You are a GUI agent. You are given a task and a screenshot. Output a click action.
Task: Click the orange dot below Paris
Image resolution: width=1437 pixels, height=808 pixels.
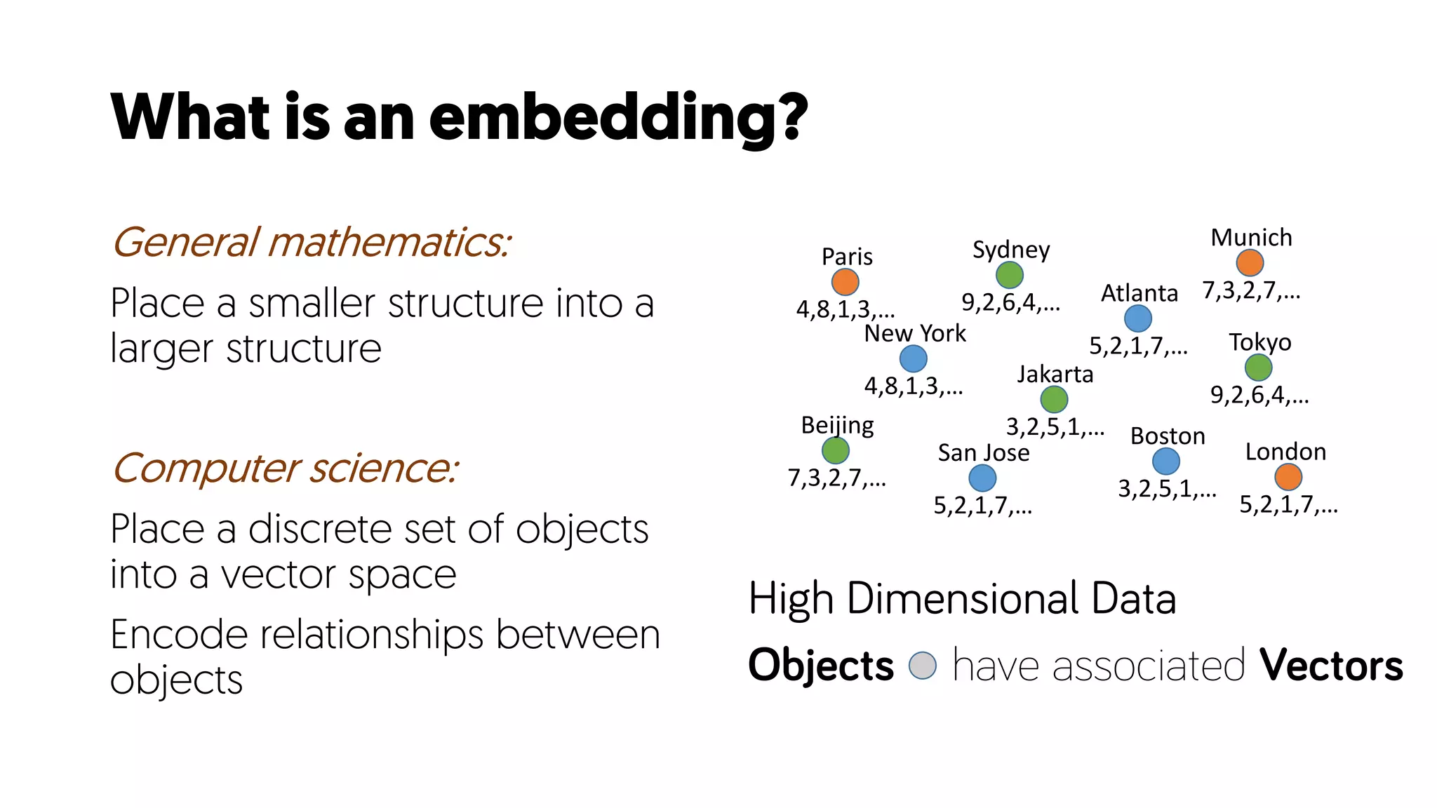click(x=845, y=282)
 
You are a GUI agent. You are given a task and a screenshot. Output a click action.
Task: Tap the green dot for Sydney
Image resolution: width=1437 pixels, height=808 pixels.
click(x=1009, y=275)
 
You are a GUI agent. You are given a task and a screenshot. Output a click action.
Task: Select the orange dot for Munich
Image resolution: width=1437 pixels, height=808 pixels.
click(x=1250, y=263)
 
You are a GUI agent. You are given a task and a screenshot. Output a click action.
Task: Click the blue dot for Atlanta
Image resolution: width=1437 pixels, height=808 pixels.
click(x=1137, y=318)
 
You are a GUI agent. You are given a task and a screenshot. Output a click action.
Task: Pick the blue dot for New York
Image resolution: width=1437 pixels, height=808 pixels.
click(x=913, y=358)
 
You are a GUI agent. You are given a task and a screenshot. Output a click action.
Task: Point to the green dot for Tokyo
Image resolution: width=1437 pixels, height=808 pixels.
click(x=1258, y=368)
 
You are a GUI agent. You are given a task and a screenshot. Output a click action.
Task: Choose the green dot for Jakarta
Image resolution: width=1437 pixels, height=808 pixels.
click(x=1054, y=399)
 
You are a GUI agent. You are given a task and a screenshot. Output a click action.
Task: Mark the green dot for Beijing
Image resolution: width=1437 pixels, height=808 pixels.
click(x=835, y=450)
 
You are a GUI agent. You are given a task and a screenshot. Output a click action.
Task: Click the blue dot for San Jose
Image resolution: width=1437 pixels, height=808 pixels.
click(x=982, y=478)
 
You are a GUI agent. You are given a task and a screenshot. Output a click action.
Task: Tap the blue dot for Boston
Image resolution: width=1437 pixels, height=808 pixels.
click(x=1165, y=462)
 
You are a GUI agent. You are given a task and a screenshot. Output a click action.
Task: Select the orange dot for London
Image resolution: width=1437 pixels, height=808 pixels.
click(x=1288, y=477)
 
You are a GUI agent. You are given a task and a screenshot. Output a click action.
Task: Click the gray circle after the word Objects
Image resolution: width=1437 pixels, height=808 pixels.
click(x=922, y=666)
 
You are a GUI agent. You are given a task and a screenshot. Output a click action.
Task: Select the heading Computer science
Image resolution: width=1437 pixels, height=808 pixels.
click(x=285, y=469)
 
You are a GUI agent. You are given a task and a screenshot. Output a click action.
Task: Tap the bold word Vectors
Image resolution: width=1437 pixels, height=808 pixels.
click(x=1331, y=665)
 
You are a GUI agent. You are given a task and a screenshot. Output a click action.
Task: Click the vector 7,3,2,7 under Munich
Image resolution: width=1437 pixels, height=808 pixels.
click(x=1251, y=290)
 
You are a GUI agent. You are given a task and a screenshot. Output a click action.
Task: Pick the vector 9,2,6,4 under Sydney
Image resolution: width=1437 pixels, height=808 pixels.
click(x=1010, y=302)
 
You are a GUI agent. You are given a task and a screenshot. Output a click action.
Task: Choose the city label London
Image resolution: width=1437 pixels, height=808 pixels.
click(x=1285, y=452)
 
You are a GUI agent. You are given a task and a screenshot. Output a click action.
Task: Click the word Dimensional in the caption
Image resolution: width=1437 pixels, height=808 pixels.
click(x=962, y=599)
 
